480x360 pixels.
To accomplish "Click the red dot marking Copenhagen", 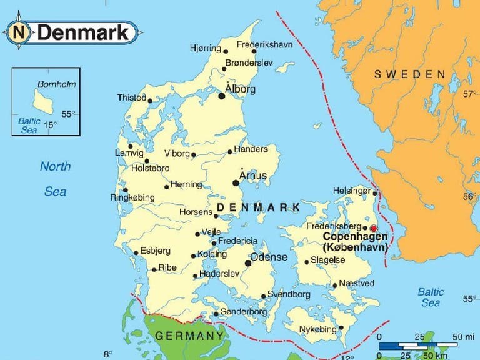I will [x=374, y=228].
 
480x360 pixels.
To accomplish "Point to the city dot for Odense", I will [x=248, y=263].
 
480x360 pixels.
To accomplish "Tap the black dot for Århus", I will [x=236, y=182].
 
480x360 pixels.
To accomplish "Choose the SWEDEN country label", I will [x=410, y=74].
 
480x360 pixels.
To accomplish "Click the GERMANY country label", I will [x=189, y=336].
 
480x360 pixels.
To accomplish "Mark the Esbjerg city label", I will [x=155, y=251].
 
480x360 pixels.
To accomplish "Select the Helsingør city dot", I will [x=375, y=193].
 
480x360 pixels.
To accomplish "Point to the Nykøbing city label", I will [x=317, y=328].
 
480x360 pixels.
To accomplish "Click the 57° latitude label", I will [x=469, y=94].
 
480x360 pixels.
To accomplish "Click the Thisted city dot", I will [x=150, y=99].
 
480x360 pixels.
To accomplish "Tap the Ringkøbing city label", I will [x=132, y=197].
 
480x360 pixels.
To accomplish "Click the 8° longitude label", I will [x=106, y=353].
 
